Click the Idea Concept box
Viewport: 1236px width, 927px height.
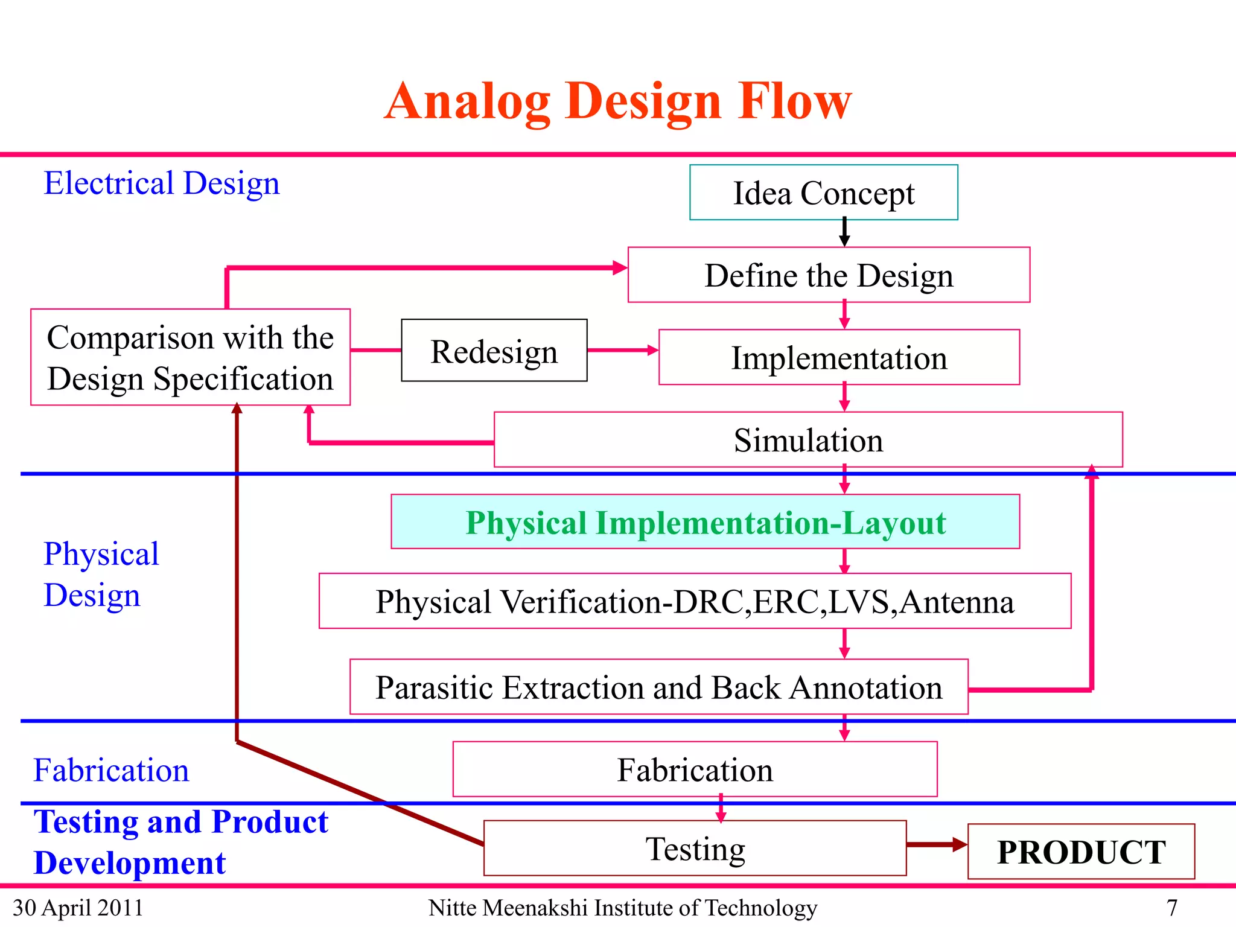tap(823, 193)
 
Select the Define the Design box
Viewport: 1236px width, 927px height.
tap(828, 275)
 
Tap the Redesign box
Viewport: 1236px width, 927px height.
tap(494, 351)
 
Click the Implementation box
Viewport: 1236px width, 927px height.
tap(839, 357)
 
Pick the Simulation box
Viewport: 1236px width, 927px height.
tap(808, 439)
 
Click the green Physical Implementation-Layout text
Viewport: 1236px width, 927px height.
tap(705, 522)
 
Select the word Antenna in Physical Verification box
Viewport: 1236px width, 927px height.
tap(957, 602)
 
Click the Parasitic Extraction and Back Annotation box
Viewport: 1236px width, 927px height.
tap(658, 687)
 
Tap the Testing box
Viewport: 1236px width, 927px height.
tap(695, 848)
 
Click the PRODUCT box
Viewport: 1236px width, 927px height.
tap(1080, 852)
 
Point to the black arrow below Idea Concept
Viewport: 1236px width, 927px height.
tap(844, 232)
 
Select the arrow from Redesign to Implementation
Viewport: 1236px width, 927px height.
tap(622, 350)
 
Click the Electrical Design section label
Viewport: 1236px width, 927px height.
tap(162, 183)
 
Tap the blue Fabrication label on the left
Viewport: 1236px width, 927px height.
tap(111, 770)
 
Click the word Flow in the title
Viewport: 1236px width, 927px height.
tap(795, 101)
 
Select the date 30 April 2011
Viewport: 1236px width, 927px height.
tap(78, 908)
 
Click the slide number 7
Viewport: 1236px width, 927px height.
tap(1171, 908)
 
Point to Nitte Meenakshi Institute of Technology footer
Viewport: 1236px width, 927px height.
tap(622, 908)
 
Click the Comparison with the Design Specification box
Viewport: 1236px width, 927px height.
tap(190, 357)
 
